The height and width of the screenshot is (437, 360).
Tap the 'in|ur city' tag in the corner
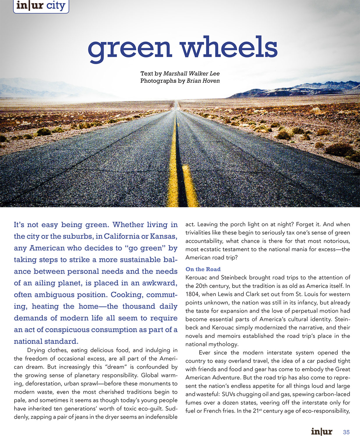pos(41,6)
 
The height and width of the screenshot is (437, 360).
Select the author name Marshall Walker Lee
pos(191,74)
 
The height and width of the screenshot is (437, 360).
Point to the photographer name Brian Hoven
pos(203,81)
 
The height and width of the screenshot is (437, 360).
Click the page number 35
pos(346,432)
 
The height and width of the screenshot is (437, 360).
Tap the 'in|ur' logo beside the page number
pos(322,431)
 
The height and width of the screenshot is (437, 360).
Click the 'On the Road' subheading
pos(203,269)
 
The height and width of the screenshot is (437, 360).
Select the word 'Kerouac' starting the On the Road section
pos(196,278)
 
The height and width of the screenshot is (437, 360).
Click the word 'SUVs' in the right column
pos(229,394)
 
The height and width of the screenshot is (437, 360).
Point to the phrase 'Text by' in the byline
pos(151,74)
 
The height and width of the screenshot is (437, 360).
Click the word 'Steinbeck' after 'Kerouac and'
pos(235,278)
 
